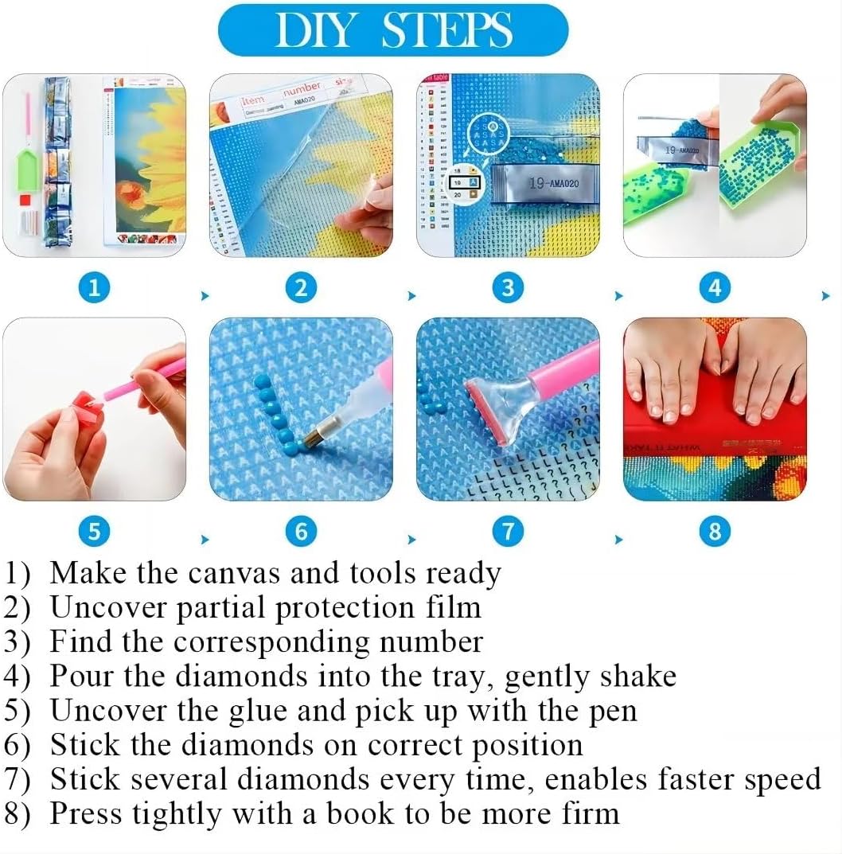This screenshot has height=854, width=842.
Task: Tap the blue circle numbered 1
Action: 94,287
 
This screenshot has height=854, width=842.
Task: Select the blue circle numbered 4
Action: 714,287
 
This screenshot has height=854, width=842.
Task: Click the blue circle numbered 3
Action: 508,287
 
